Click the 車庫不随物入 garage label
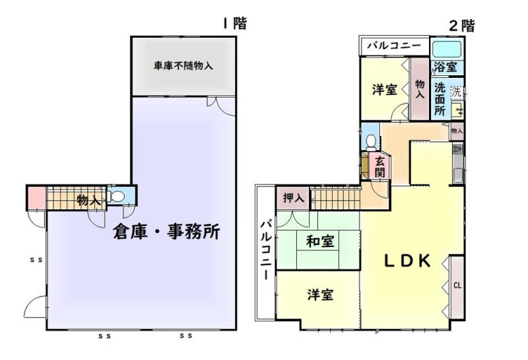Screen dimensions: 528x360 coord(183,65)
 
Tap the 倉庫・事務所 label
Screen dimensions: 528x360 coord(166,232)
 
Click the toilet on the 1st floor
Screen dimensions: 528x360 coord(117,197)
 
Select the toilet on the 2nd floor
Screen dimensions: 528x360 coord(371,142)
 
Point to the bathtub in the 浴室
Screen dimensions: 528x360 coord(447,50)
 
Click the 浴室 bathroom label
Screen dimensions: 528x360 coord(445,67)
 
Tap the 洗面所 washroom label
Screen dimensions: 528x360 coord(440,100)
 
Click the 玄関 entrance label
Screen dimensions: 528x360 coord(380,167)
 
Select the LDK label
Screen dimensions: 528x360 coord(407,260)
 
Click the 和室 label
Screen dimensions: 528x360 coord(320,241)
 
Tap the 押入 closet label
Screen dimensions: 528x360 coord(294,198)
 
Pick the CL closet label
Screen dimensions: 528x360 coord(457,286)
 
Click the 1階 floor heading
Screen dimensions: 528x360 coord(235,24)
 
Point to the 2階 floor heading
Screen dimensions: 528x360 coord(462,26)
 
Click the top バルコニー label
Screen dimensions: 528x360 coord(394,45)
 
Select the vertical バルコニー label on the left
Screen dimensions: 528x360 coord(266,250)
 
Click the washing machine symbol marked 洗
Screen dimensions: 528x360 coord(457,92)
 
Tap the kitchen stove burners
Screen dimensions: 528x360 coord(457,149)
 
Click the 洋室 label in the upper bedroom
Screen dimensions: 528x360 coord(385,90)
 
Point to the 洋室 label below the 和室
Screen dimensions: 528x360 coord(320,295)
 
